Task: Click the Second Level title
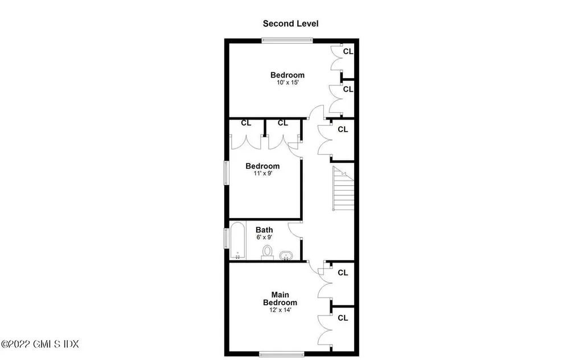290,23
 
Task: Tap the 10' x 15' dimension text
287,83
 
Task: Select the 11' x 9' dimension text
262,174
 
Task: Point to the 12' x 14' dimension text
280,310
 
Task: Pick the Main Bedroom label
280,298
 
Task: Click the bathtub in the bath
237,240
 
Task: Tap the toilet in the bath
267,252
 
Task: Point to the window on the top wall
287,40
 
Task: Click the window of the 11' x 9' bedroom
226,172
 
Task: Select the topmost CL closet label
348,51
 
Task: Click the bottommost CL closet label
343,318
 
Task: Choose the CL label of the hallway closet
343,129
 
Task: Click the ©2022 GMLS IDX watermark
40,344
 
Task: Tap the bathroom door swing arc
295,230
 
